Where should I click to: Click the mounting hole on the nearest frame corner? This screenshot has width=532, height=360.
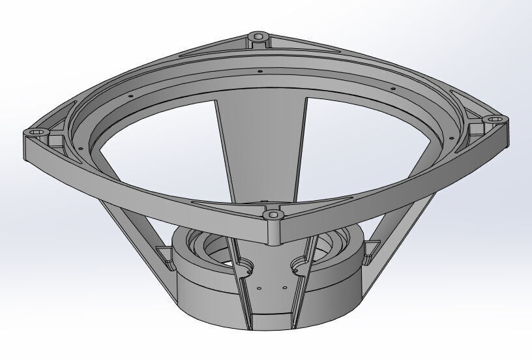271,213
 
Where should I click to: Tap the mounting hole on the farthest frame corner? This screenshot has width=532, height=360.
259,35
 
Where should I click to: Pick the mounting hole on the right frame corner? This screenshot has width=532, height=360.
494,119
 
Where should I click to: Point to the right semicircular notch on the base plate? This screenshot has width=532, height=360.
299,263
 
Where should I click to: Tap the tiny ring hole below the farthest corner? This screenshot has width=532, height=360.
259,70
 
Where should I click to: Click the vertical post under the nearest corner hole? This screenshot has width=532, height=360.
274,232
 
